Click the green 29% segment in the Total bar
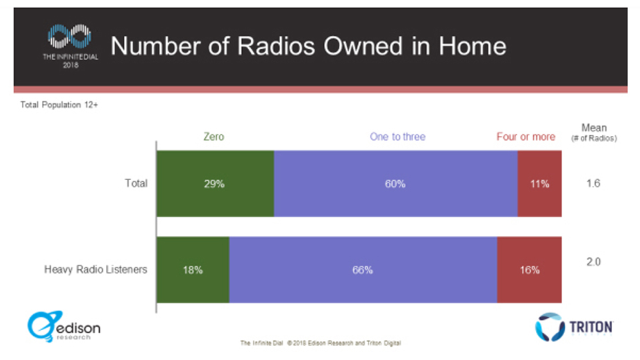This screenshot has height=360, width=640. pos(215,184)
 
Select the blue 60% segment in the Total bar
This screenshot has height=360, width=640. pos(395,184)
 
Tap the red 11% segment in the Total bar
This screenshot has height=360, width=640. pos(539,184)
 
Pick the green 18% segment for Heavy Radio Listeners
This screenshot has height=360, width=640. pos(193,270)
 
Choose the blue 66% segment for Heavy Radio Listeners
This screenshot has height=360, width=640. pos(363,270)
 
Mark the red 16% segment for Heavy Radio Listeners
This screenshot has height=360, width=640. pos(529,270)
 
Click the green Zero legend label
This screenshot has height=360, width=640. pos(213,137)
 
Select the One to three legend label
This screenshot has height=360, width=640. pos(397,137)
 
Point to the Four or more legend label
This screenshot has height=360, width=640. pos(525,137)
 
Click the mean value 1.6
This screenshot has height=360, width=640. pos(593,183)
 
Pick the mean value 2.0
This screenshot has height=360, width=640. pos(593,262)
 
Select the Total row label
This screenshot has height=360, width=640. pos(136,183)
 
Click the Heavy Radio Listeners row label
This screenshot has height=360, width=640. pos(95,270)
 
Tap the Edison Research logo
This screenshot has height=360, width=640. pos(64,326)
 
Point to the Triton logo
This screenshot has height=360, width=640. pos(574,327)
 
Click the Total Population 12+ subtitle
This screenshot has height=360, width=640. pos(59,105)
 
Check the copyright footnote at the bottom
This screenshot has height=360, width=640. pos(320,343)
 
